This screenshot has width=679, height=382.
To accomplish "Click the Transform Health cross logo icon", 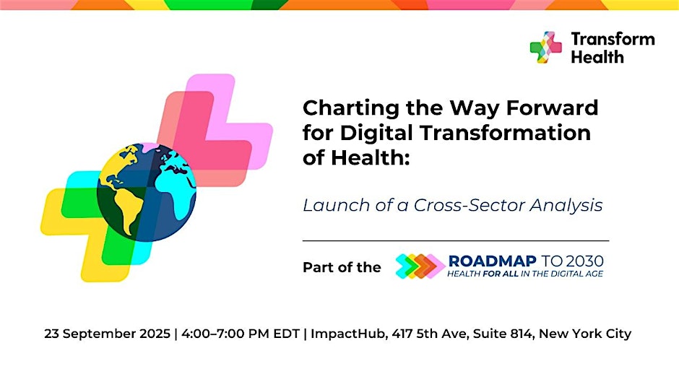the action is (545, 47).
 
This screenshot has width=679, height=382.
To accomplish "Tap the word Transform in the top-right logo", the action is (613, 39).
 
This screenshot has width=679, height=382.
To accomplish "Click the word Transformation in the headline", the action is (506, 133).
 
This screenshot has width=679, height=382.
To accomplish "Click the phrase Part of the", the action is (342, 267).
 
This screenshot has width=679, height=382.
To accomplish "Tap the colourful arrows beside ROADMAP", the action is (420, 266).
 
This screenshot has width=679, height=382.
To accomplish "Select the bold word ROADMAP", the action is (493, 261).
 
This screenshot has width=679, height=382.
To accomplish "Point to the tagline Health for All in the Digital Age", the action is (525, 274).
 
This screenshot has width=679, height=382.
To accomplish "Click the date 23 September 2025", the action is (107, 334).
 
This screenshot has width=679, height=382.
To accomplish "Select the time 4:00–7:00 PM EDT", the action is (241, 334).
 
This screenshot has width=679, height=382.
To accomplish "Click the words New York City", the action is (585, 334).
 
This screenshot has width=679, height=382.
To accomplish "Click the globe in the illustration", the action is (147, 192).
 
